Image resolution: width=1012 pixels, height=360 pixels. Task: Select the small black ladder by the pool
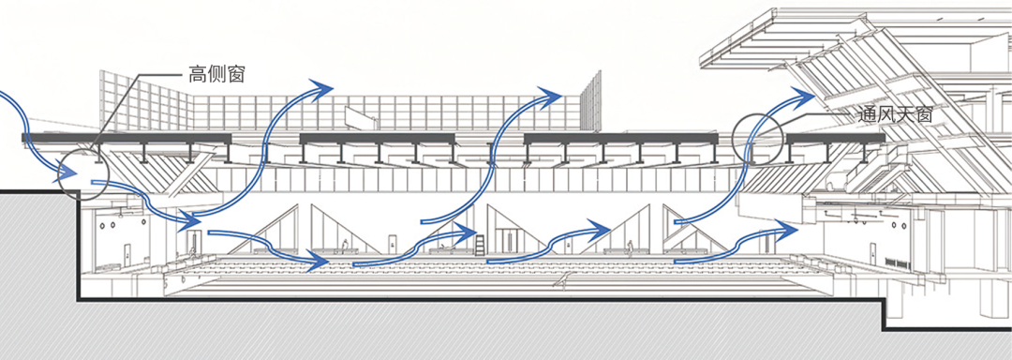point(481,247)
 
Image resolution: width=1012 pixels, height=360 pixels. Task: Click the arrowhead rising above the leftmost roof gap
point(320,89)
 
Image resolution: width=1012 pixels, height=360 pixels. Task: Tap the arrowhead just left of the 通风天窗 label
point(804,96)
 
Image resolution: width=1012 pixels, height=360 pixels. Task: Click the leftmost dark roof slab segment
point(126,138)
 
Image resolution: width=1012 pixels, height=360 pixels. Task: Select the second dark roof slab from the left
point(378,138)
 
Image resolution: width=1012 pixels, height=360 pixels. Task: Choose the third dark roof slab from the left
point(620,138)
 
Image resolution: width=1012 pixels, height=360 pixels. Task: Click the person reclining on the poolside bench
point(445,247)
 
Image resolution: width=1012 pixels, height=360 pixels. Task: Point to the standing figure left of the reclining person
point(346,246)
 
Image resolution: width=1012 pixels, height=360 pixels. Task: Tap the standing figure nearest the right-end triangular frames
point(631,247)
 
